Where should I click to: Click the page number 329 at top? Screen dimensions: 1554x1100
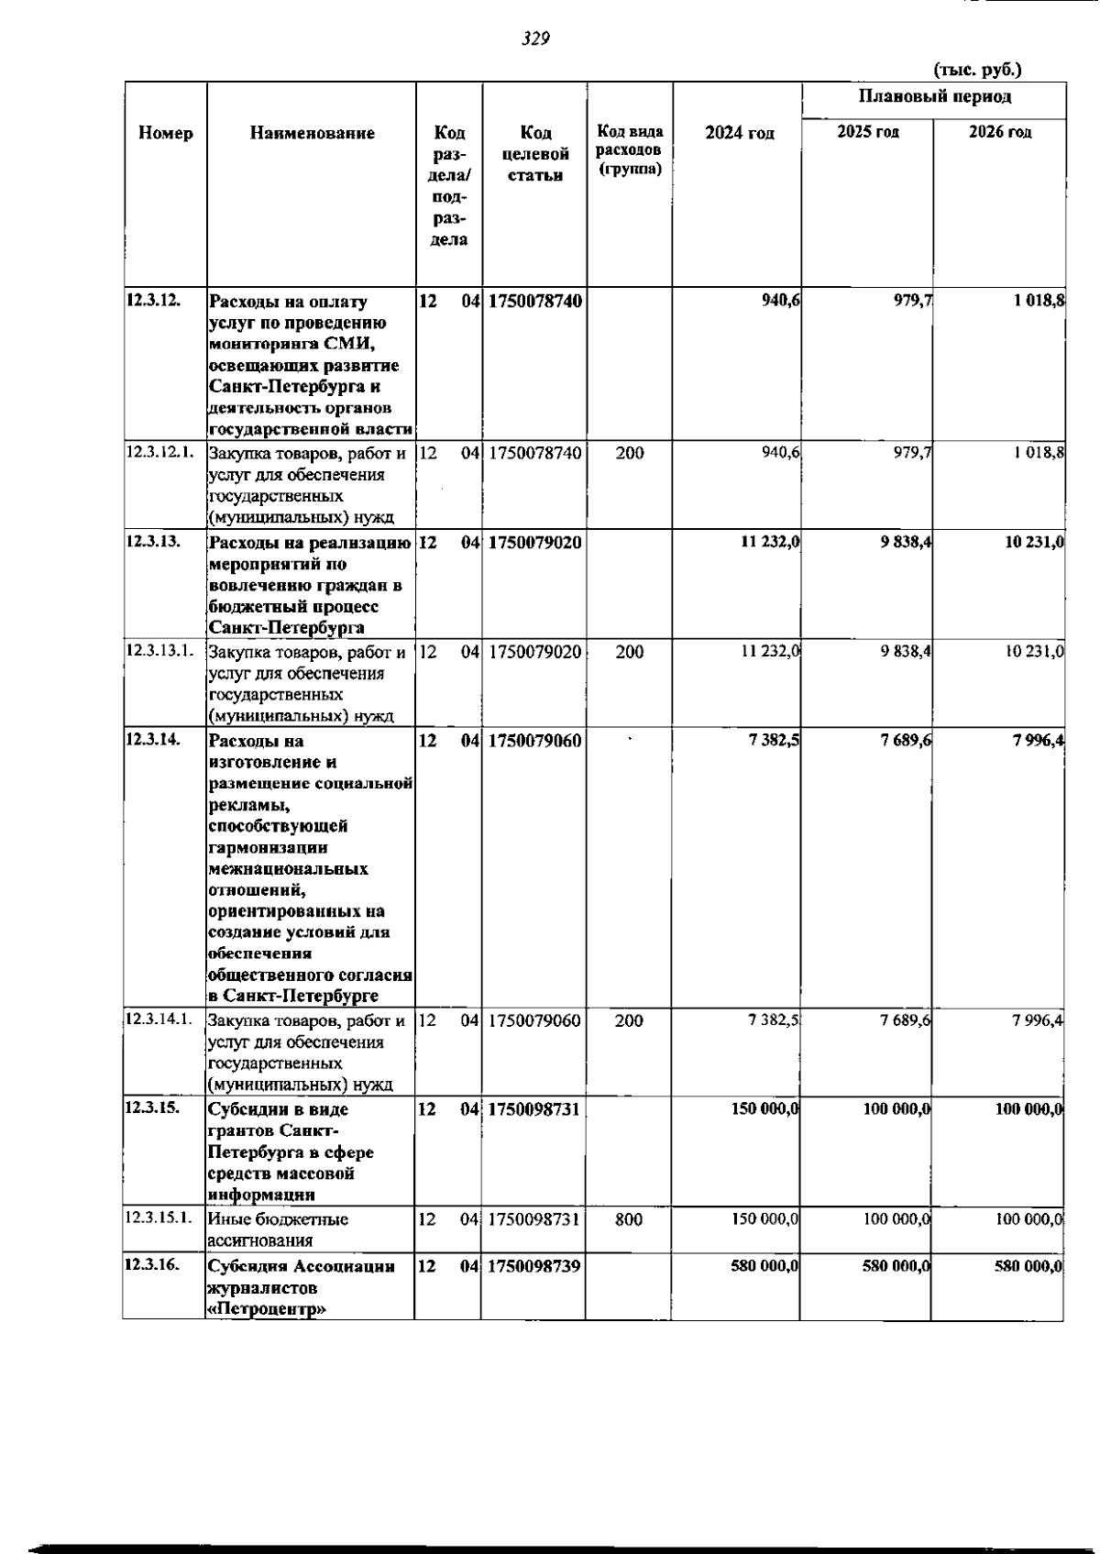[x=534, y=39]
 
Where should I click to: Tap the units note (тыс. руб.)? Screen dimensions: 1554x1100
[x=977, y=70]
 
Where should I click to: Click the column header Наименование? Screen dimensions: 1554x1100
[x=312, y=133]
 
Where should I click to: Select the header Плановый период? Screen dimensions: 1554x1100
[x=934, y=97]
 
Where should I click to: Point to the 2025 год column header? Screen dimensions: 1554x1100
[x=867, y=132]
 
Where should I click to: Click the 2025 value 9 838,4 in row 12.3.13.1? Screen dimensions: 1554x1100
[x=906, y=652]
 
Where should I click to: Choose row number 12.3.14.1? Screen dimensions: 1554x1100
[x=159, y=1019]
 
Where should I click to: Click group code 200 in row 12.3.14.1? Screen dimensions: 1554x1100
[x=629, y=1020]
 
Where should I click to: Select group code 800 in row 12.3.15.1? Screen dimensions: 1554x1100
[x=629, y=1219]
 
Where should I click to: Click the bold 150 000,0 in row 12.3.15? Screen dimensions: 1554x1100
[x=765, y=1109]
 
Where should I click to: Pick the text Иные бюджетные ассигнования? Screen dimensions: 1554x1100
[x=278, y=1229]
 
